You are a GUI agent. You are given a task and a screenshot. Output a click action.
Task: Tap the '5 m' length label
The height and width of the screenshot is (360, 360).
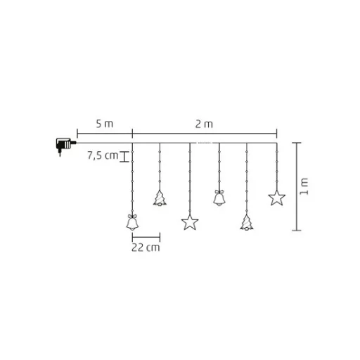(x=105, y=124)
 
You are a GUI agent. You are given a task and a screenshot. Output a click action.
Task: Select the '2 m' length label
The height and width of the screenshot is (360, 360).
(x=204, y=124)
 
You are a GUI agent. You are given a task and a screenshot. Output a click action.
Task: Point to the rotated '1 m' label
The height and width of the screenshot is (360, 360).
(x=304, y=186)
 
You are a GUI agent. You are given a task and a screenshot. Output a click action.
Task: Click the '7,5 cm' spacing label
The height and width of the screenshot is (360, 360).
(x=103, y=155)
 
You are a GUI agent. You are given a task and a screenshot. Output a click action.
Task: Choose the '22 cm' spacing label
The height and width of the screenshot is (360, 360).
(x=146, y=247)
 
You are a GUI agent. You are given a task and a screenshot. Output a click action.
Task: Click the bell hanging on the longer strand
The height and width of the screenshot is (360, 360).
(x=132, y=222)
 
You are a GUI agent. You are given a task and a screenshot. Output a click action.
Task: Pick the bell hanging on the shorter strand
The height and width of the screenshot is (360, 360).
(x=219, y=198)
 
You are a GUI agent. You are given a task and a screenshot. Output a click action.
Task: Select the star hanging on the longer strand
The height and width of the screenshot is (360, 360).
(x=190, y=222)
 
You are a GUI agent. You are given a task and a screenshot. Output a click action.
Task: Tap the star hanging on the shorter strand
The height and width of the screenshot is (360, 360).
(x=277, y=198)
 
